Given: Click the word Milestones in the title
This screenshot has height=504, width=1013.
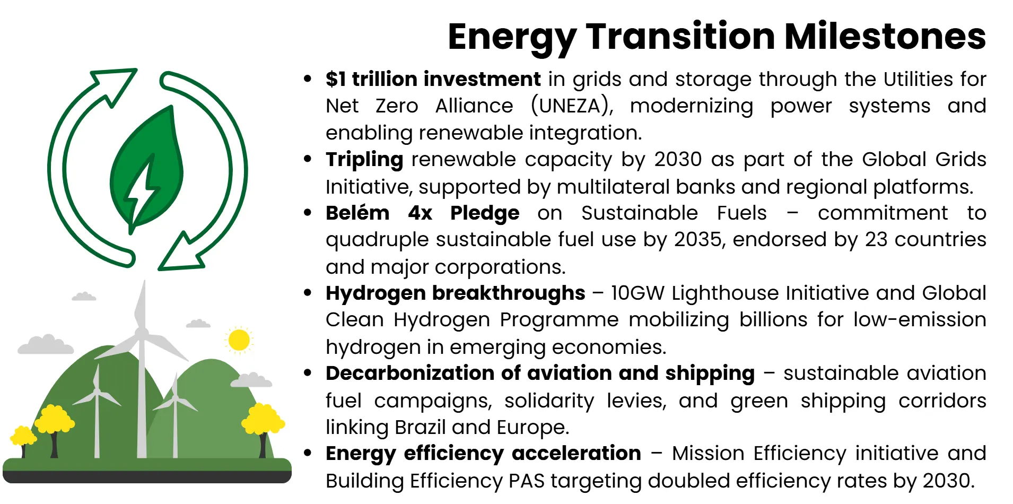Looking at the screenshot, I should click(x=885, y=37).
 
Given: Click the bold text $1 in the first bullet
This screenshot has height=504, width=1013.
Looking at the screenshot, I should click(x=335, y=79).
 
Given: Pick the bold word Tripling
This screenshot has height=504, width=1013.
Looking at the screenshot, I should click(x=364, y=160).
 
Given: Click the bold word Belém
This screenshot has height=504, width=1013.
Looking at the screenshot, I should click(x=357, y=213).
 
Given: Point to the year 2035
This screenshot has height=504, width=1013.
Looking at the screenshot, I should click(x=698, y=239).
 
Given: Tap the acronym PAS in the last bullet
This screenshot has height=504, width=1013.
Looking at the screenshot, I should click(x=527, y=481).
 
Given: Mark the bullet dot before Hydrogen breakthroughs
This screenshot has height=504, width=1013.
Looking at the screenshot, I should click(x=308, y=293).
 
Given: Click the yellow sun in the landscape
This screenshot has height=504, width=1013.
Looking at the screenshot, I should click(x=239, y=340).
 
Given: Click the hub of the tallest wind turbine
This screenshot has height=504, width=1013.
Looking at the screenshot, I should click(x=142, y=334).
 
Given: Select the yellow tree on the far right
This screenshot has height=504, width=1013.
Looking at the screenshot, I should click(x=263, y=422).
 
